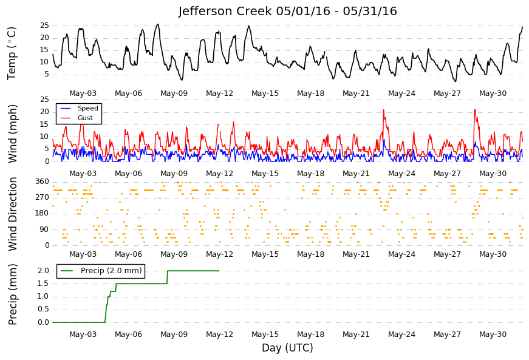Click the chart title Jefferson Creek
click(225, 12)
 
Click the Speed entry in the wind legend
click(87, 108)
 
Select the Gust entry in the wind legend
click(85, 118)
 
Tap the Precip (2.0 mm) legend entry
click(111, 271)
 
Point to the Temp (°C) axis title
click(12, 53)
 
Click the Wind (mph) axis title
click(13, 134)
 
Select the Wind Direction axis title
click(13, 214)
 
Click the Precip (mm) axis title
click(13, 294)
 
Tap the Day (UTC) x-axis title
click(287, 348)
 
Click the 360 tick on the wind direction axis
click(43, 182)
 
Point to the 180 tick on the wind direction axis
click(43, 213)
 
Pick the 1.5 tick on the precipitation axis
click(44, 284)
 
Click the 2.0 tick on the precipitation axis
click(44, 271)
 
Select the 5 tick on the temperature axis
click(47, 74)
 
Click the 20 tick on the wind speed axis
click(45, 112)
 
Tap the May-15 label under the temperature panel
click(265, 93)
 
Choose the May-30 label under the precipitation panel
click(493, 335)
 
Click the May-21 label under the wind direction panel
click(357, 254)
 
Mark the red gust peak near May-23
click(384, 110)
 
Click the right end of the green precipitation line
click(219, 271)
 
